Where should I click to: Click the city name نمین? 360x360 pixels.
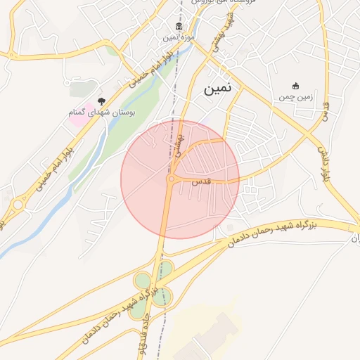pos(221,90)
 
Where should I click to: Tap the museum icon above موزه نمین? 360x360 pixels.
pos(179,27)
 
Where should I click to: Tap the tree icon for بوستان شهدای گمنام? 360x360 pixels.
pos(101,102)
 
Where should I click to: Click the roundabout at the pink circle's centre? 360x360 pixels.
pos(171,180)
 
